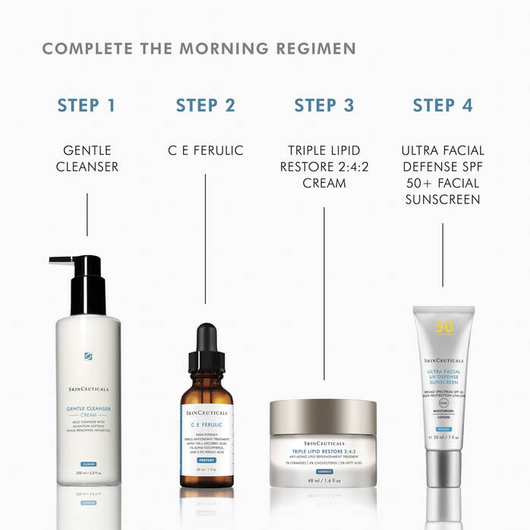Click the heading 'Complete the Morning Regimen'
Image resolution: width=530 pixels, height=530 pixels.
pyautogui.click(x=199, y=49)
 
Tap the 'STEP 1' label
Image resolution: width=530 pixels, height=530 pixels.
pyautogui.click(x=87, y=105)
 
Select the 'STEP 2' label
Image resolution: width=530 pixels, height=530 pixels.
pyautogui.click(x=206, y=105)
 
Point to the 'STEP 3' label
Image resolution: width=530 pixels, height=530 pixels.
pyautogui.click(x=324, y=105)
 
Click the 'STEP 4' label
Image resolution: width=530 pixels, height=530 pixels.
pyautogui.click(x=443, y=105)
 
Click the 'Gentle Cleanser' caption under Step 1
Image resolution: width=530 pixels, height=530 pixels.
pyautogui.click(x=87, y=158)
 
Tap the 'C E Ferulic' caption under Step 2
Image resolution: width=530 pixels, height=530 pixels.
pyautogui.click(x=206, y=150)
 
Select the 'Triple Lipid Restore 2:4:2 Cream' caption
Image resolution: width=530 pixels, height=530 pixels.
pyautogui.click(x=324, y=166)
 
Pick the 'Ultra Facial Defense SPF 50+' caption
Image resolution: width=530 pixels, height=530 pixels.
pyautogui.click(x=443, y=175)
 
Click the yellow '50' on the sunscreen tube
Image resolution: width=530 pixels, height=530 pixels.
pyautogui.click(x=443, y=328)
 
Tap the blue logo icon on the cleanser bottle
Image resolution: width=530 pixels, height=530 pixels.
pyautogui.click(x=89, y=356)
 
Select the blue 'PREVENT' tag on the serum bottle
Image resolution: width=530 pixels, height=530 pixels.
pyautogui.click(x=207, y=459)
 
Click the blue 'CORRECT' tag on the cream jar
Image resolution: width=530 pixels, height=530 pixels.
pyautogui.click(x=324, y=472)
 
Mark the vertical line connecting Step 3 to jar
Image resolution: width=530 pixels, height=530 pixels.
pyautogui.click(x=324, y=292)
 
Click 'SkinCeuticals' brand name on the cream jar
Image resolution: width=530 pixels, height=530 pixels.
pyautogui.click(x=323, y=443)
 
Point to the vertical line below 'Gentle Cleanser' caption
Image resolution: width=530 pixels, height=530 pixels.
pyautogui.click(x=87, y=214)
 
